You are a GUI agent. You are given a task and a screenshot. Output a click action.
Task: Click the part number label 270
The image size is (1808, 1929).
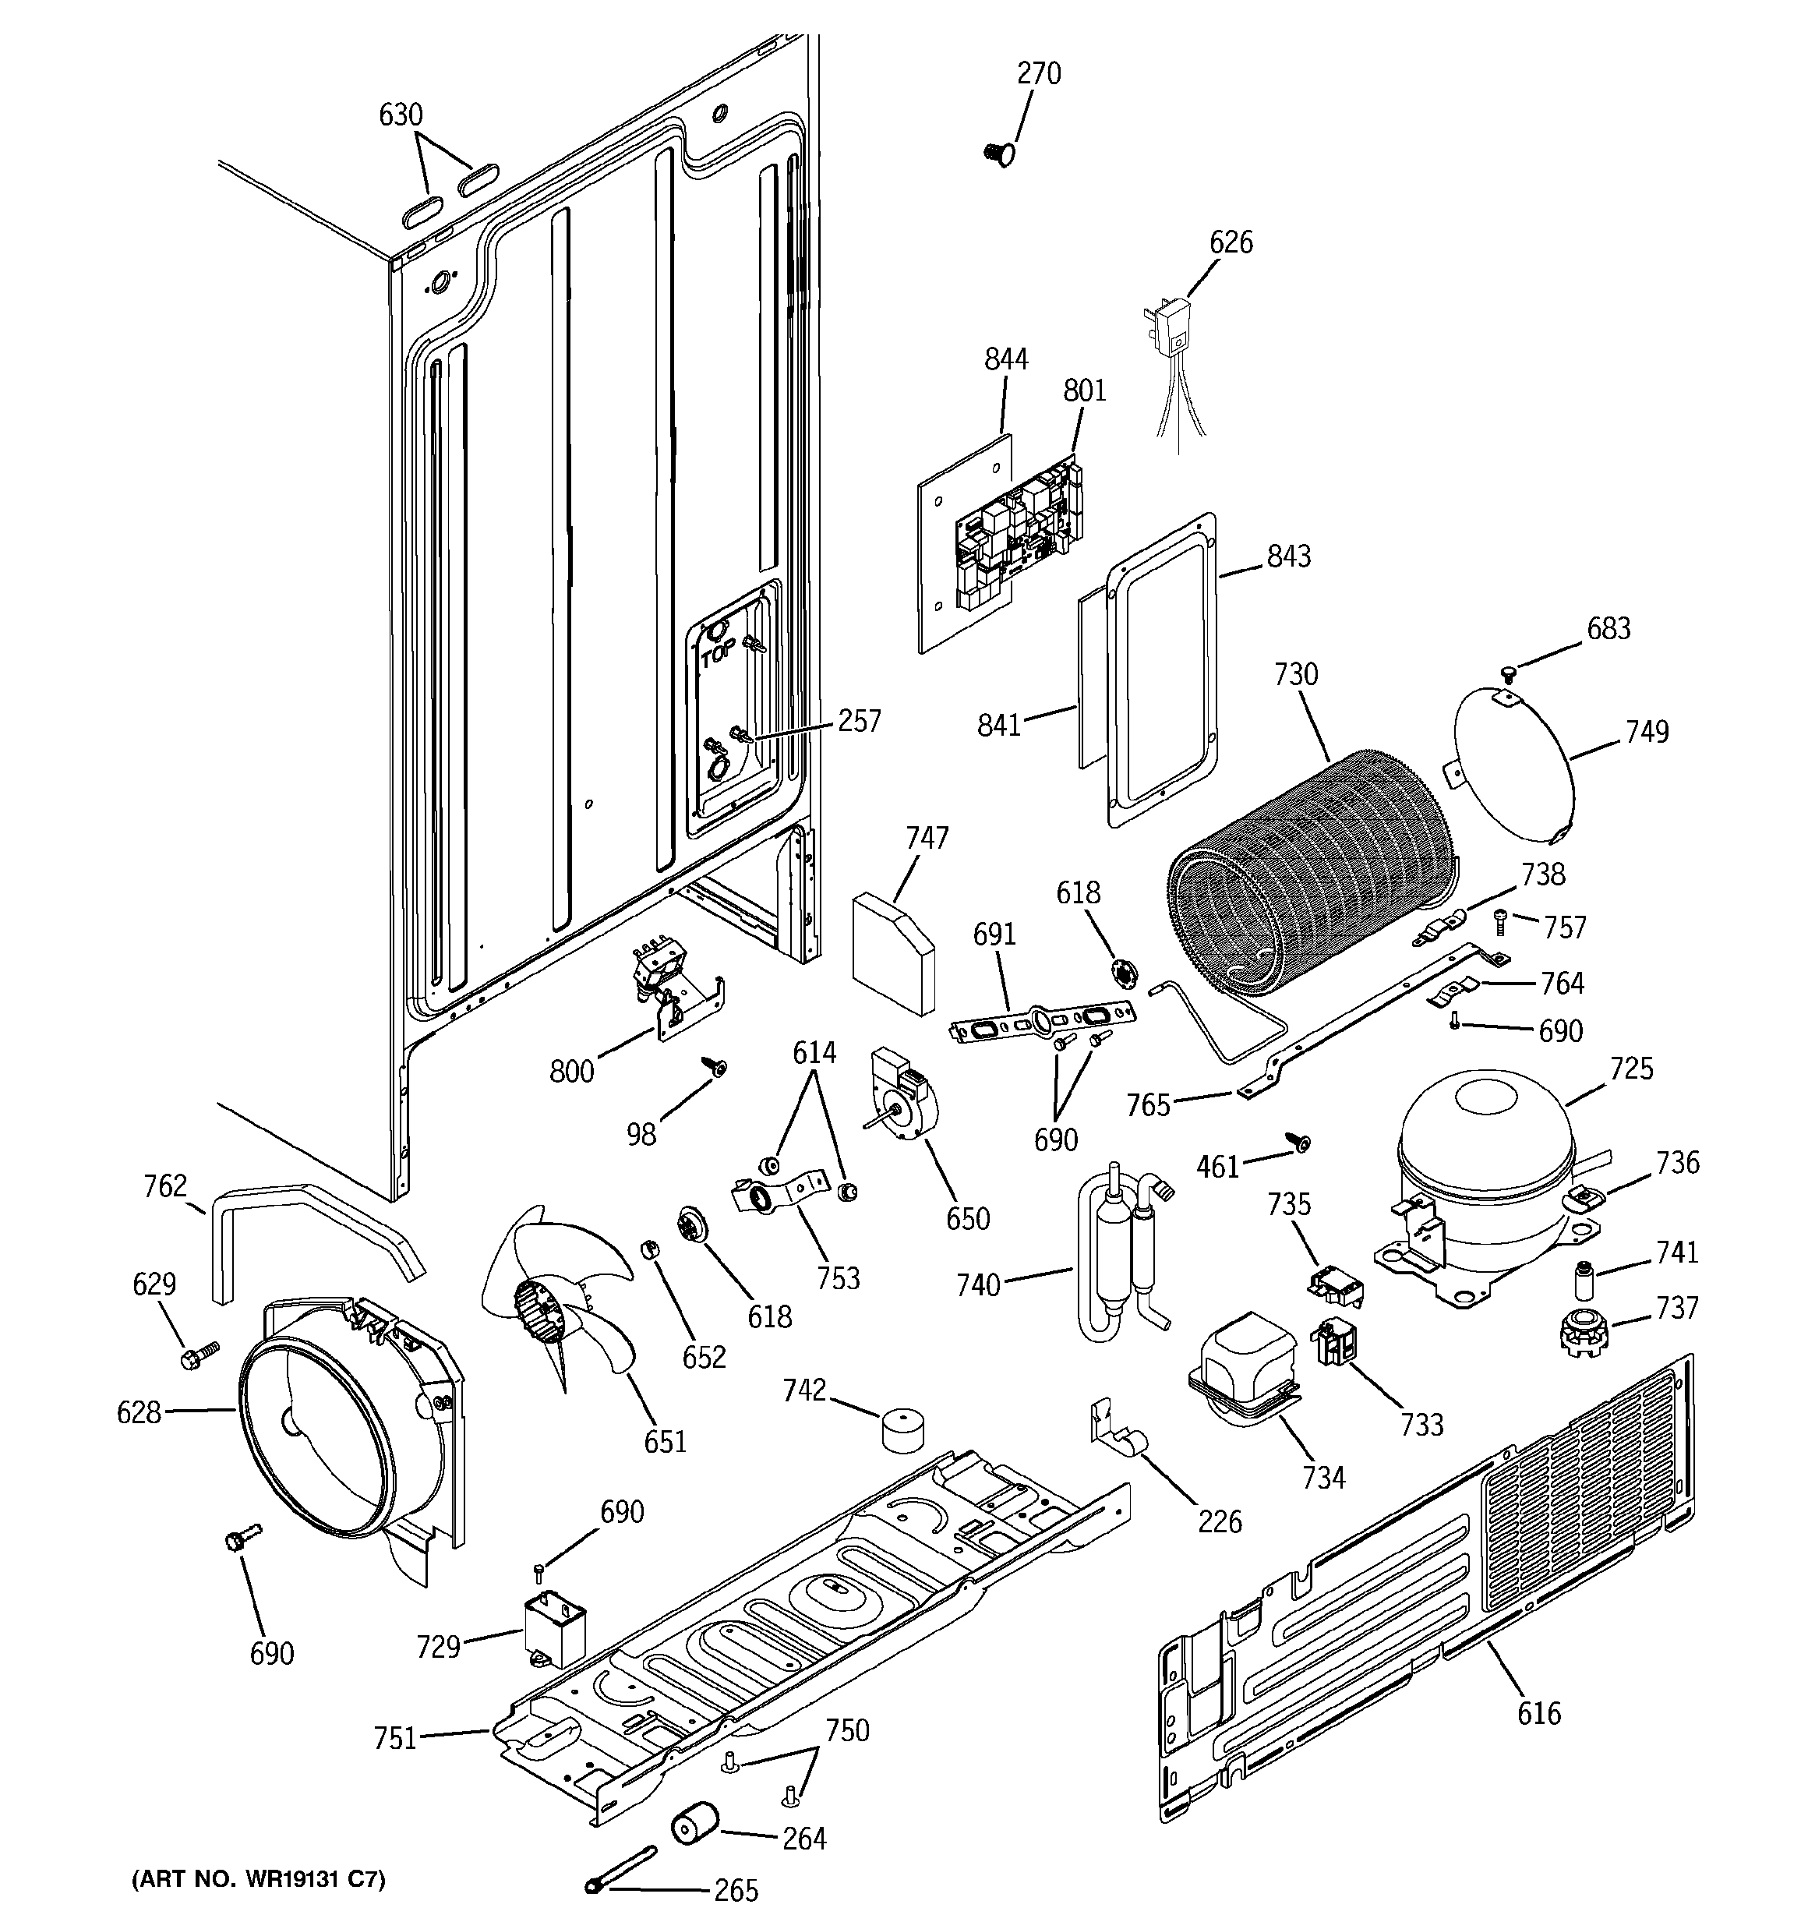1038,74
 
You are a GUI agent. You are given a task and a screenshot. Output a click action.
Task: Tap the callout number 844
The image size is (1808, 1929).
1005,360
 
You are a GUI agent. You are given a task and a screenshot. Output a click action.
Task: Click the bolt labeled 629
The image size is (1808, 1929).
198,1355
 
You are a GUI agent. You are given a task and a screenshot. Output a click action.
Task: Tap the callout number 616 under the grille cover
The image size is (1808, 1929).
1539,1714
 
